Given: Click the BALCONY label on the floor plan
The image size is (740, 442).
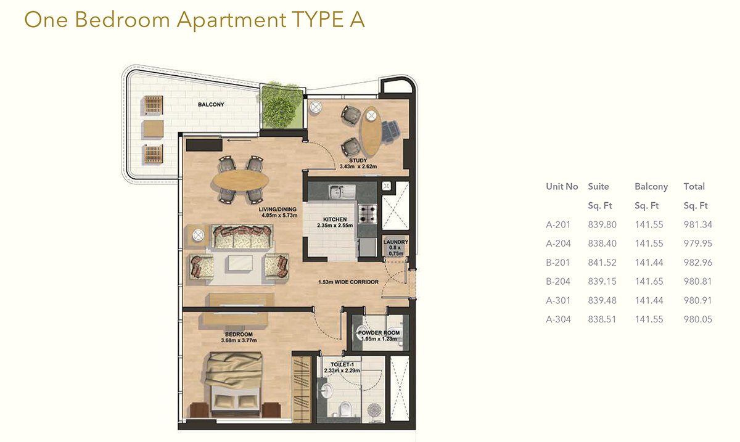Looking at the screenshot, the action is pyautogui.click(x=211, y=104).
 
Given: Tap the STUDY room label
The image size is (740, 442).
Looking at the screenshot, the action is pyautogui.click(x=358, y=160).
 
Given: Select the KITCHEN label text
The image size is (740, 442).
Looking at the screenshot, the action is pyautogui.click(x=335, y=219).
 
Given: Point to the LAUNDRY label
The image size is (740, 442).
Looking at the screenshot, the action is pyautogui.click(x=395, y=242).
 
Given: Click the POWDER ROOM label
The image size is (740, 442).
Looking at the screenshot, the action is pyautogui.click(x=379, y=333).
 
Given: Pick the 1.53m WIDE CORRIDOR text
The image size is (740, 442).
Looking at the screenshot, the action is pyautogui.click(x=348, y=282).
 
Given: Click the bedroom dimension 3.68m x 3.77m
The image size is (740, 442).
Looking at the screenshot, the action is pyautogui.click(x=239, y=340).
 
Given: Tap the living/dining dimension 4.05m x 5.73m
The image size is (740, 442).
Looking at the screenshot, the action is pyautogui.click(x=279, y=215).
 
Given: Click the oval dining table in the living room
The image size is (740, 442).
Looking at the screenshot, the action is pyautogui.click(x=240, y=180).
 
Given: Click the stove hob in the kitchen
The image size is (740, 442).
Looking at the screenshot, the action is pyautogui.click(x=368, y=214).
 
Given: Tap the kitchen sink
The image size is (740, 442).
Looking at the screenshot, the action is pyautogui.click(x=342, y=192).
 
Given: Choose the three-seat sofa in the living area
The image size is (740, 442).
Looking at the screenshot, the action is pyautogui.click(x=242, y=237).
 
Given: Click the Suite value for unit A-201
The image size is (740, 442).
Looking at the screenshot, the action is pyautogui.click(x=602, y=224).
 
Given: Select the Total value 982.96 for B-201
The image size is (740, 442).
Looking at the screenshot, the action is pyautogui.click(x=697, y=263).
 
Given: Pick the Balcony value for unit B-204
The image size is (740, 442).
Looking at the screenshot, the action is pyautogui.click(x=649, y=282).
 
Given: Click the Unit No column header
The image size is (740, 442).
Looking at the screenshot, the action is pyautogui.click(x=562, y=186).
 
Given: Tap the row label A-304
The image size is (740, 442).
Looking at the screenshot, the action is pyautogui.click(x=558, y=319).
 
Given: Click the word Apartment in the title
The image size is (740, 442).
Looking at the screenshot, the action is pyautogui.click(x=231, y=20).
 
